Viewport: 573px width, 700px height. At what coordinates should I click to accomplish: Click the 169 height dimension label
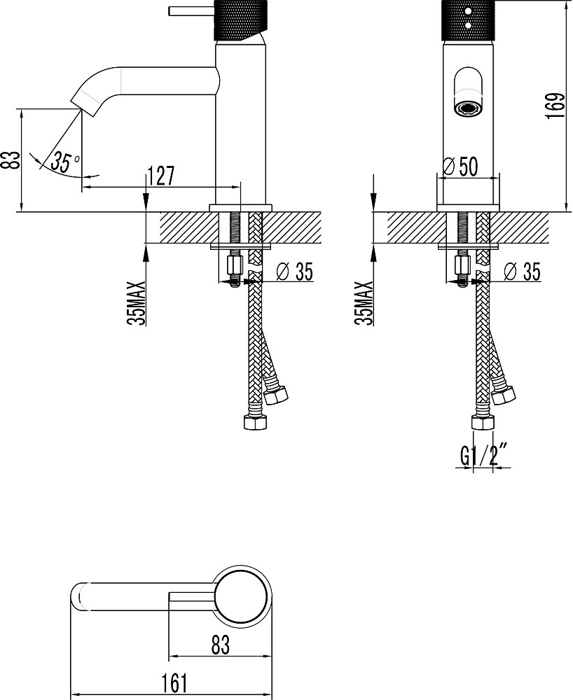[x=555, y=106]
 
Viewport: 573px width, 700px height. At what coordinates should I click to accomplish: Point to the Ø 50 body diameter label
[x=460, y=167]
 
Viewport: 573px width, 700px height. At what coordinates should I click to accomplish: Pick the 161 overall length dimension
[x=174, y=683]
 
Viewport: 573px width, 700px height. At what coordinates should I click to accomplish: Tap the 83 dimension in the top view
[x=220, y=645]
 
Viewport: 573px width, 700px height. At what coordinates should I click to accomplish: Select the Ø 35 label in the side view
[x=295, y=272]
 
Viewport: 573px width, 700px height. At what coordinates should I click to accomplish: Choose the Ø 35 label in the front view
[x=522, y=272]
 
